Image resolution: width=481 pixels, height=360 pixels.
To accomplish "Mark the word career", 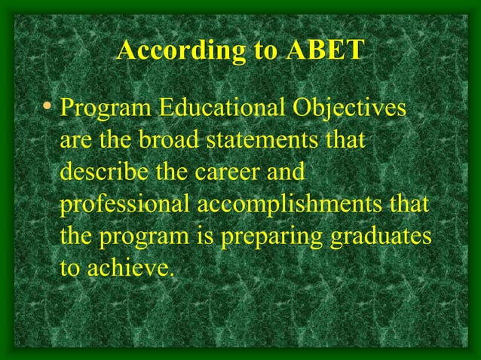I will (x=224, y=172).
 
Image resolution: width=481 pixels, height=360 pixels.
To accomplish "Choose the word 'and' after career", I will (x=285, y=172).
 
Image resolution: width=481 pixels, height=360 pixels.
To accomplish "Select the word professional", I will (x=124, y=204).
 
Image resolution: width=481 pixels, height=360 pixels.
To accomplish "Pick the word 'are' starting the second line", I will (x=73, y=140).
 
